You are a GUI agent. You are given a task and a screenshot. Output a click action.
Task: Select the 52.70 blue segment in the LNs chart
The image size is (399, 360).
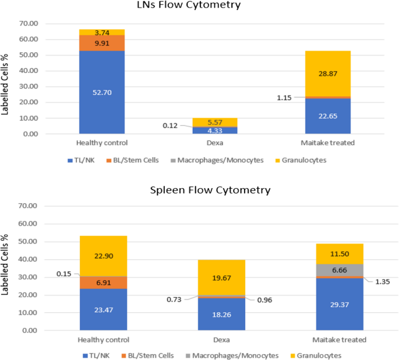pyautogui.click(x=102, y=91)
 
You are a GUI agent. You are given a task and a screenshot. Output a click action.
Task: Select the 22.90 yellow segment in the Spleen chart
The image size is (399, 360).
pyautogui.click(x=102, y=256)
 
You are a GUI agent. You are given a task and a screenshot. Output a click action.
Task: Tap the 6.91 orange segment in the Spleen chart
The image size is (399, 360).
pyautogui.click(x=102, y=282)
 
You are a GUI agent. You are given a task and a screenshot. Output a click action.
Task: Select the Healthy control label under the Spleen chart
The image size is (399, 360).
pyautogui.click(x=102, y=340)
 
